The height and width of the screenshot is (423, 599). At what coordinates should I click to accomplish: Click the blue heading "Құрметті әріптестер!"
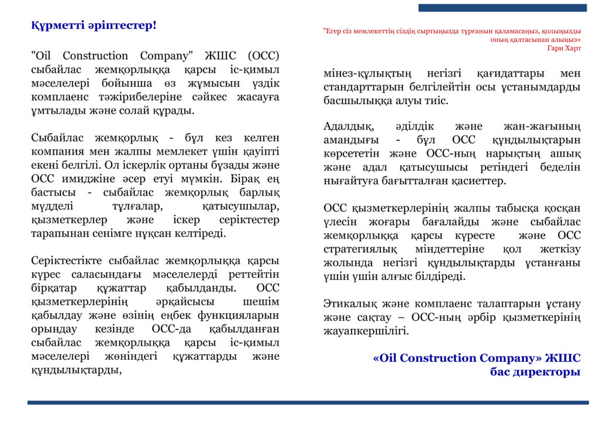[x=94, y=26]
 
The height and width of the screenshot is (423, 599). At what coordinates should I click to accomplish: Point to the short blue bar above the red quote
[x=502, y=8]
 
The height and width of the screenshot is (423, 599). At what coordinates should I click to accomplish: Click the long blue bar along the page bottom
[x=308, y=403]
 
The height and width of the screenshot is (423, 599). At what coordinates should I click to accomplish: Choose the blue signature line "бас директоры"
[x=535, y=372]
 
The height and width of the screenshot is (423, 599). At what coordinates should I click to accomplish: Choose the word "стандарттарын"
[x=362, y=87]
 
